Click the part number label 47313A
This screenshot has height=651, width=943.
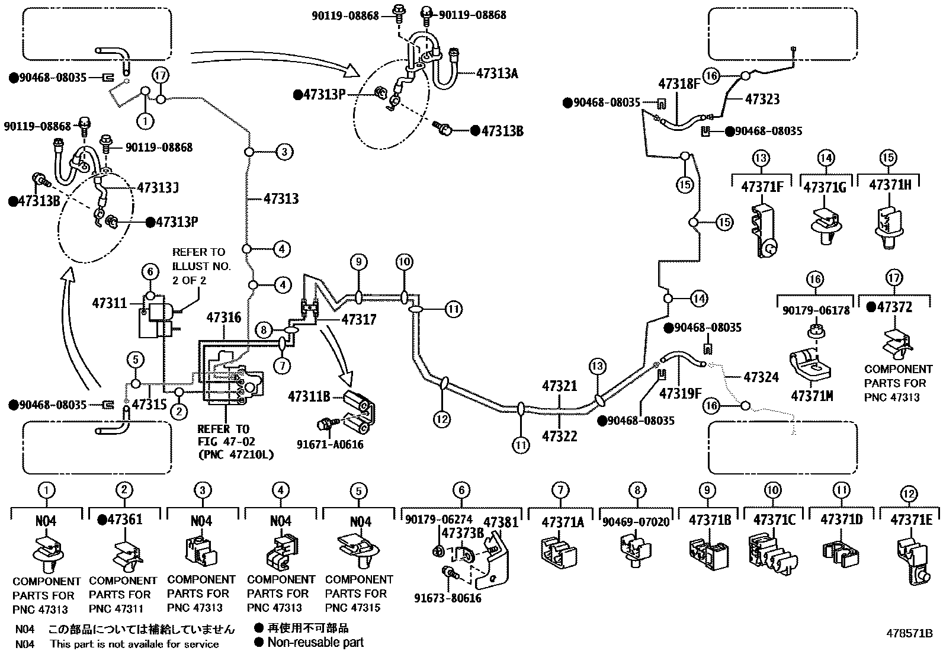(x=497, y=73)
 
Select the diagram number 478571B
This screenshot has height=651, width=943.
(x=909, y=633)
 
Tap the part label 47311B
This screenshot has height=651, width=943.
(x=309, y=396)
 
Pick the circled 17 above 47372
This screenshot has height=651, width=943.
(x=894, y=277)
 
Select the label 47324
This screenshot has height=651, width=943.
(x=761, y=377)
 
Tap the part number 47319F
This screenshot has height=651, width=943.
(x=681, y=393)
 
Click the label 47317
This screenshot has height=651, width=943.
(x=358, y=320)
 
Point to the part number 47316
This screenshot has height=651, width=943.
(x=223, y=318)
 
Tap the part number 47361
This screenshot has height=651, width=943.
(x=121, y=519)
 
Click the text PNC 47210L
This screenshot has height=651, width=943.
(x=236, y=454)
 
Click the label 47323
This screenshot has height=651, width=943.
(x=762, y=99)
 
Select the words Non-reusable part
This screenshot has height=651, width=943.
(x=316, y=642)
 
